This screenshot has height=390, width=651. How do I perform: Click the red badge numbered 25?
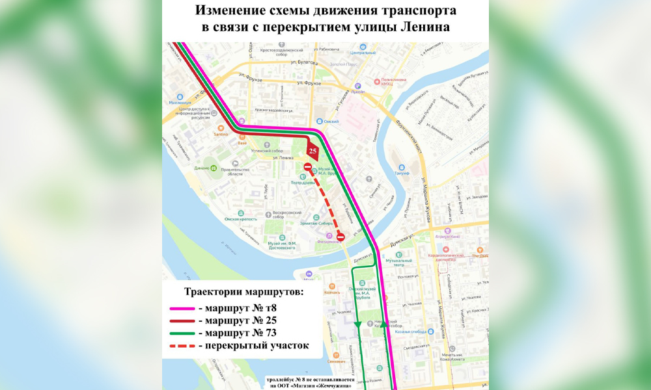(x=312, y=151)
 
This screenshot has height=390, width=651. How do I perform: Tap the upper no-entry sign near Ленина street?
(x=307, y=168)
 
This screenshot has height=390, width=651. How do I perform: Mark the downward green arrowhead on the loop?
(x=357, y=323)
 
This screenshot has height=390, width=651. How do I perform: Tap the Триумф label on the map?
(x=402, y=174)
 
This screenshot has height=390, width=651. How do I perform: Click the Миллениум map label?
(x=180, y=103)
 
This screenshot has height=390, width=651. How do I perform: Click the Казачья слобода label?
(x=411, y=332)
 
